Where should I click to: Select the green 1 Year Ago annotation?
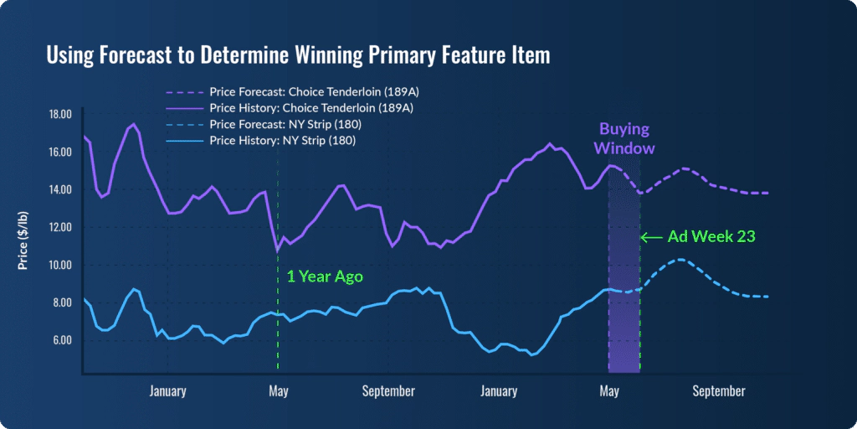(x=325, y=277)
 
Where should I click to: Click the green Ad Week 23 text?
(x=711, y=237)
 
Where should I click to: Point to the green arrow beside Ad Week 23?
(x=652, y=237)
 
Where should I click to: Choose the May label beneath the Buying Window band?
(x=609, y=390)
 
